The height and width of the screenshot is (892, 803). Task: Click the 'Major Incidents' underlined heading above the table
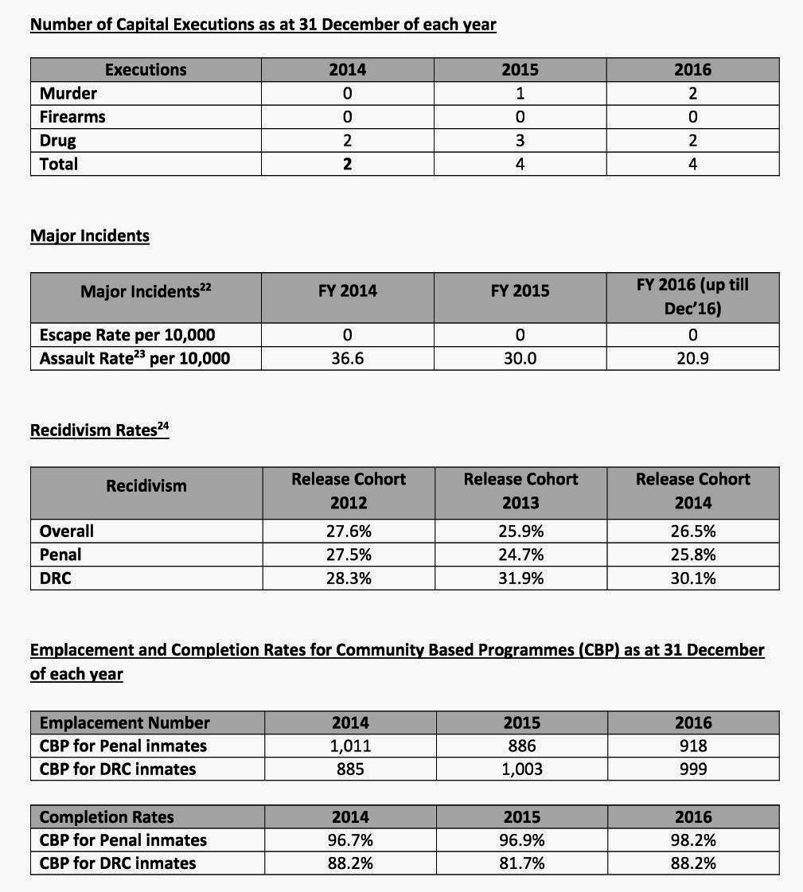click(x=89, y=236)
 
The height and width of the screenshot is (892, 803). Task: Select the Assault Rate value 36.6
click(x=348, y=358)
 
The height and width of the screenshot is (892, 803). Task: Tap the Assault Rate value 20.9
click(x=692, y=358)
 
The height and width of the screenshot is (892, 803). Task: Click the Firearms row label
click(x=72, y=117)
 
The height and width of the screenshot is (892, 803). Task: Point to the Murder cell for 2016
click(x=692, y=93)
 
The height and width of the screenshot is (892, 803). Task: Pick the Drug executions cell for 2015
click(x=520, y=141)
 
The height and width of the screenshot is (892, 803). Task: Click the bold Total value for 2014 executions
click(x=348, y=164)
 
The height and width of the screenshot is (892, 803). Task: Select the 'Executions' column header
click(x=146, y=69)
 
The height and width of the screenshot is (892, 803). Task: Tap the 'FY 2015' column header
click(x=520, y=290)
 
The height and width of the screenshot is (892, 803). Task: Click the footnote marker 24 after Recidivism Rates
click(x=164, y=426)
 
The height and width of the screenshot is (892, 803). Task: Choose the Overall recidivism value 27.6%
click(x=348, y=531)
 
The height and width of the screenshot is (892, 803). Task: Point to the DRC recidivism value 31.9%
click(x=520, y=578)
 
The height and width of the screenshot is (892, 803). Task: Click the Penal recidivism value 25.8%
click(x=692, y=555)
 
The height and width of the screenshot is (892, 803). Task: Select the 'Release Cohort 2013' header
click(x=520, y=491)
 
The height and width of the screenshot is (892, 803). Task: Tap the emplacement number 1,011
click(x=349, y=746)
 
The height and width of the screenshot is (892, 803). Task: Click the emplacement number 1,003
click(x=521, y=769)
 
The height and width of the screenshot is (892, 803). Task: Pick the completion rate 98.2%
click(x=692, y=839)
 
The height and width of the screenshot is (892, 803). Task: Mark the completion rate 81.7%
click(x=521, y=863)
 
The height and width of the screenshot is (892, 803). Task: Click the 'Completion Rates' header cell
click(x=107, y=816)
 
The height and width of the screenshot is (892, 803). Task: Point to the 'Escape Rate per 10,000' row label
click(x=127, y=335)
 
